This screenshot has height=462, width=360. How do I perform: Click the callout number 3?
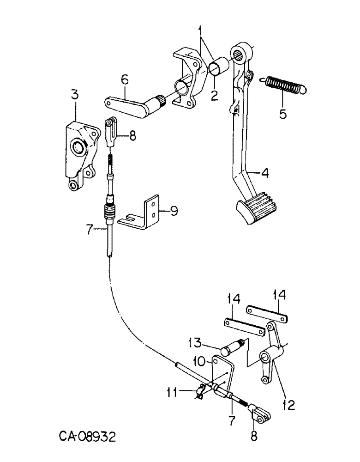[75, 96]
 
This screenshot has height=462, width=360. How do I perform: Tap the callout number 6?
[124, 80]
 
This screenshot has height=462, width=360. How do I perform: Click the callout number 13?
[194, 342]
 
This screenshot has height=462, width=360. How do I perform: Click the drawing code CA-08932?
[88, 436]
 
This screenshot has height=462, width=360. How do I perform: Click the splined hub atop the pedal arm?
[241, 52]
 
